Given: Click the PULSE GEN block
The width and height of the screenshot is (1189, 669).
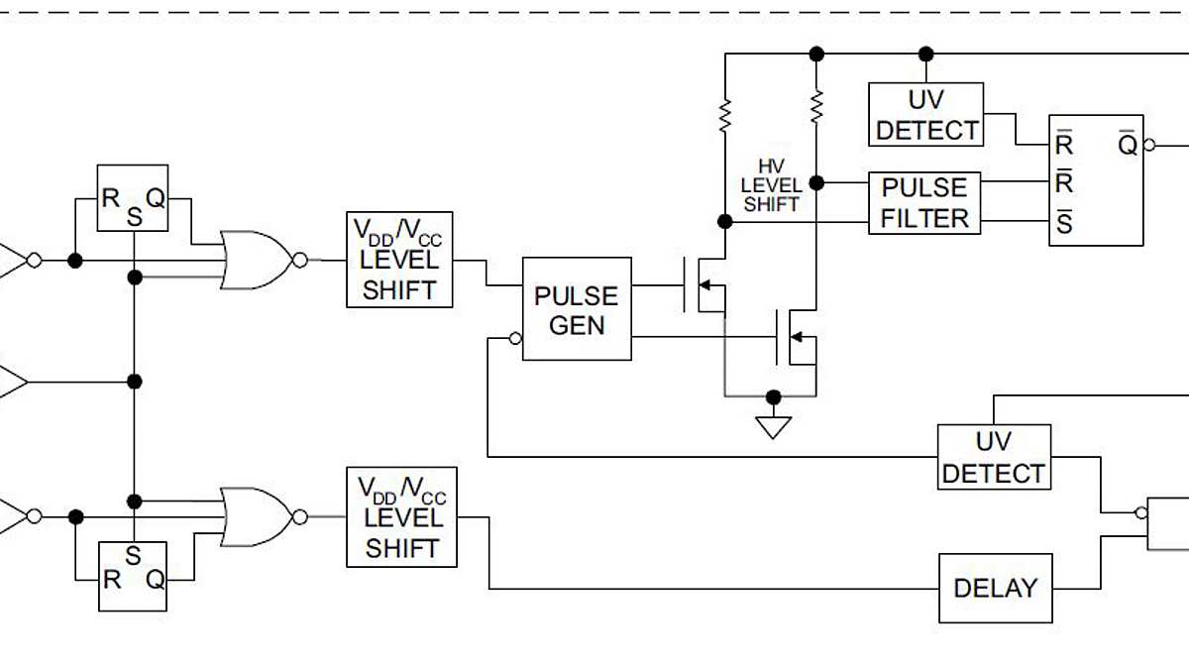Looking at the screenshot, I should tap(577, 309).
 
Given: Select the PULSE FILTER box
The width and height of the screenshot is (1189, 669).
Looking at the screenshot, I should tap(924, 203).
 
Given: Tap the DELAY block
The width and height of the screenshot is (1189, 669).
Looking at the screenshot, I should tap(995, 588).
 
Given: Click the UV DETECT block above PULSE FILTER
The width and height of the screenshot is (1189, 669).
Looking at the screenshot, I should tap(926, 115).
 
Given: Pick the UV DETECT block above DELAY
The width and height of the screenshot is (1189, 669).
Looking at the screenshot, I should tap(994, 457).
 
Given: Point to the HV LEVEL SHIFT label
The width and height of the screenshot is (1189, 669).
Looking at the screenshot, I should tap(771, 185).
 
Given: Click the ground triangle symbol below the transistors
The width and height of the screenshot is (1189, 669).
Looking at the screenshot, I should tap(774, 427).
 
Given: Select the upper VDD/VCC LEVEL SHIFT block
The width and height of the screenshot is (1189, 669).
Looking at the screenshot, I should tap(399, 260).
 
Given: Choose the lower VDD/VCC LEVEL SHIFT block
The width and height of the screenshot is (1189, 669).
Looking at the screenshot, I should tap(401, 517).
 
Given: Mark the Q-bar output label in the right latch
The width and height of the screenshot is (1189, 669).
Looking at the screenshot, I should tap(1128, 144).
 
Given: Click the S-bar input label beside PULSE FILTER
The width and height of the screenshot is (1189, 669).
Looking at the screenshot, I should tap(1064, 223).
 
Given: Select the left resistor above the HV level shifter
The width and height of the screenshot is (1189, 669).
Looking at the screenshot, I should tap(724, 115).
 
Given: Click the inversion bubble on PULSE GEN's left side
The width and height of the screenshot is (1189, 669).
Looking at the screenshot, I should tap(515, 339).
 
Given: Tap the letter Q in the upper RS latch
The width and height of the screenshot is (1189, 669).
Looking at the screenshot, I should tap(156, 198).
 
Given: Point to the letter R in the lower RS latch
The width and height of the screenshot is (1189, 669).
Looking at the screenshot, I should tap(112, 580).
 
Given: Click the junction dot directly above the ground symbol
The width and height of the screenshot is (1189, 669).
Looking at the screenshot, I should tap(774, 397).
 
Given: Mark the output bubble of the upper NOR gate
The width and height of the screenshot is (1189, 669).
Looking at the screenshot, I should tap(300, 261).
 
